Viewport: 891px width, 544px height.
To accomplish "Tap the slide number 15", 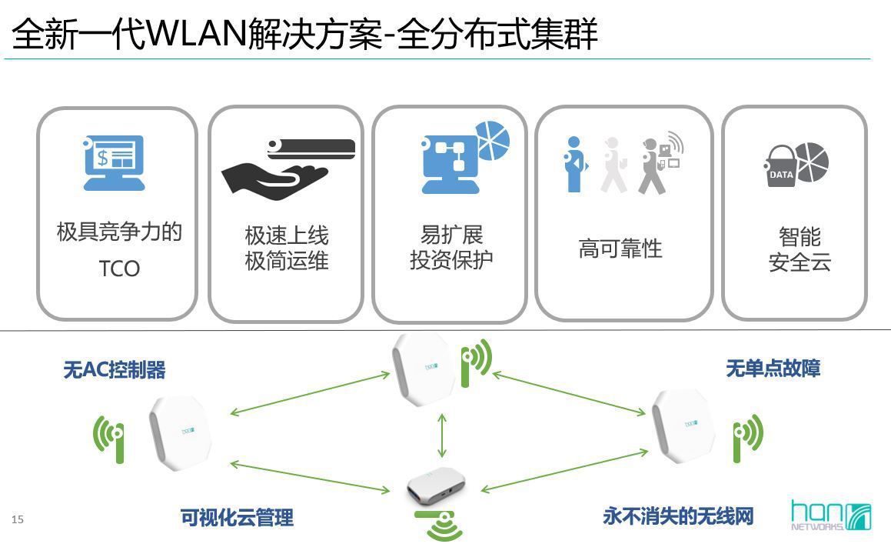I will pos(18,519).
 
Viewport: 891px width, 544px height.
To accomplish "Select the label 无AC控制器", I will pos(115,370).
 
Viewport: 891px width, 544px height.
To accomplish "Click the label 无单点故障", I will pos(773,369).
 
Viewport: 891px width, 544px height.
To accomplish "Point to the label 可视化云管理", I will pos(237,518).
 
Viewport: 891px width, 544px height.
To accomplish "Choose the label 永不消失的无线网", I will pos(678,516).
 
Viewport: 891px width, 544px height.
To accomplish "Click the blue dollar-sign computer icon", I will pos(114,163).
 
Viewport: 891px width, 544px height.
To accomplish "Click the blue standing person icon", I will pos(574,165).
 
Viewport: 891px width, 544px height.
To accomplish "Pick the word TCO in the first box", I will pos(119,269).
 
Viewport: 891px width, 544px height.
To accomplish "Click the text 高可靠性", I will pos(620,249).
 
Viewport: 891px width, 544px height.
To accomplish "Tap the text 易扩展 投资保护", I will pos(451,248).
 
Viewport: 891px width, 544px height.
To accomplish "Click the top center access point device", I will pos(421,368).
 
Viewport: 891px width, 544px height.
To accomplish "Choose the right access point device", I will pos(683,425).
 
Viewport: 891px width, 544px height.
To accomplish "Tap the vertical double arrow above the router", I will pos(442,435).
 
